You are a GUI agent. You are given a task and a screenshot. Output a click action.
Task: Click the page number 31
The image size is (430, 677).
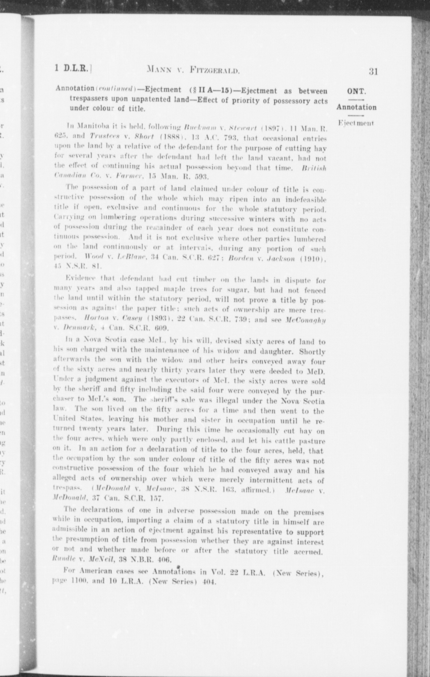[x=373, y=71]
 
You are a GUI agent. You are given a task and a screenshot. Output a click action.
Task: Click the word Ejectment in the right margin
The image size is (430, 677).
[x=356, y=123]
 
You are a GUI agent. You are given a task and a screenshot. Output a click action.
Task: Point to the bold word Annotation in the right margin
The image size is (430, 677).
[x=356, y=107]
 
